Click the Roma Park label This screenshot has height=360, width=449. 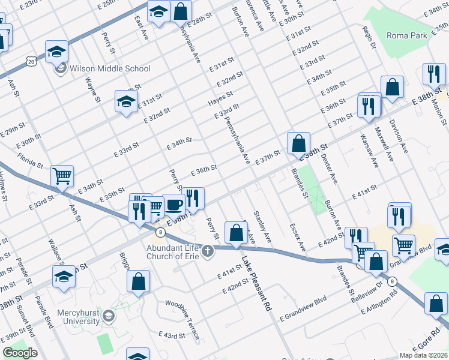click(407, 36)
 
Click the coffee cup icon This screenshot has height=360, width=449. click(174, 205)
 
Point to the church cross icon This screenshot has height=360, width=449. click(208, 250)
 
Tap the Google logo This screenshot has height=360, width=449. click(20, 353)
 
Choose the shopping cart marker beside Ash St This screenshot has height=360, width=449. click(62, 176)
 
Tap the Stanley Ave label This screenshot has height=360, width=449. click(262, 227)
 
